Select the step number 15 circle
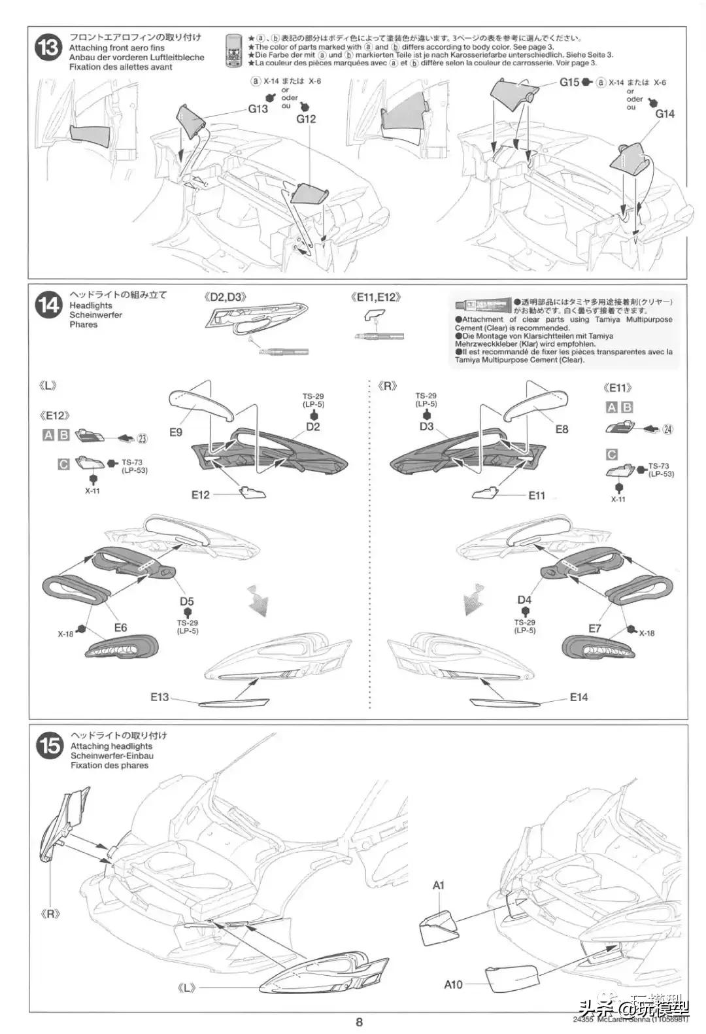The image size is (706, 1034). [x=50, y=747]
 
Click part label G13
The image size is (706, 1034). [x=258, y=109]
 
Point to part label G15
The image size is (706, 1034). [x=569, y=82]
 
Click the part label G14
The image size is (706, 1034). [x=665, y=114]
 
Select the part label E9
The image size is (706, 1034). [x=176, y=432]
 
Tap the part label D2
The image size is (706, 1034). [x=313, y=426]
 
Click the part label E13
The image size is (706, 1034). [x=160, y=697]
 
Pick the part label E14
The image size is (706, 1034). [x=579, y=697]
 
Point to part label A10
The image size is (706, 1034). [x=453, y=984]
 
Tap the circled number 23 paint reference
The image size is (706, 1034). [x=143, y=438]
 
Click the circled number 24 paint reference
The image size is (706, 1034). [x=667, y=429]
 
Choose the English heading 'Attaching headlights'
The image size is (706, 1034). [x=111, y=746]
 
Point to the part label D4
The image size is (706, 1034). [x=524, y=600]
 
